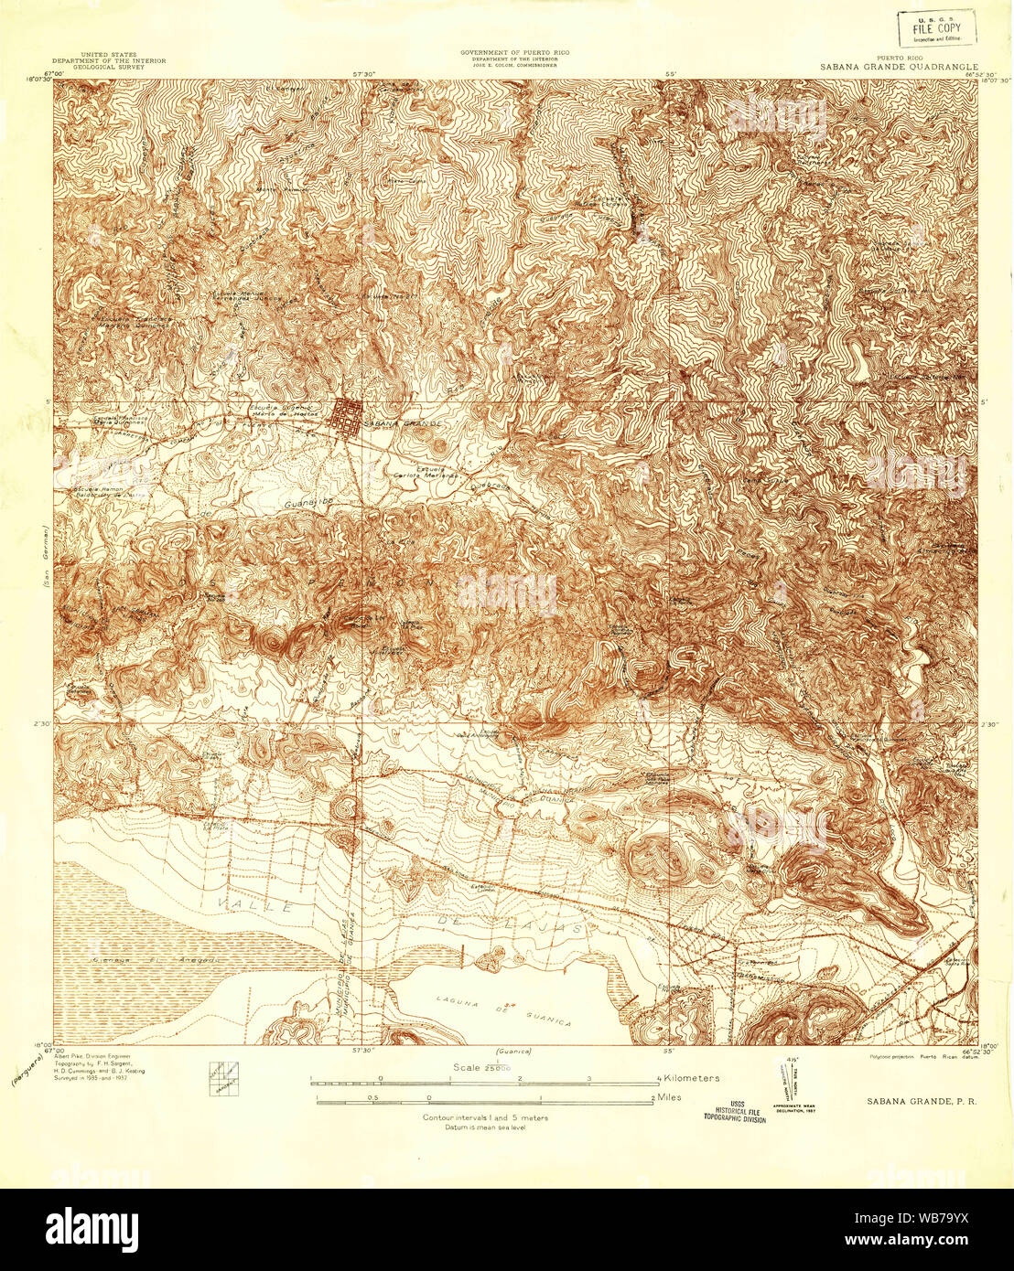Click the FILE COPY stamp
pyautogui.click(x=936, y=29)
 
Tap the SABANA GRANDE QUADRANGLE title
pyautogui.click(x=899, y=68)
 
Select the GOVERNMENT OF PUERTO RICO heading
pyautogui.click(x=514, y=53)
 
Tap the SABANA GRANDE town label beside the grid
pyautogui.click(x=402, y=424)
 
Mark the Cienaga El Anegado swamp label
pyautogui.click(x=155, y=960)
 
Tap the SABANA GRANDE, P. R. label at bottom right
pyautogui.click(x=921, y=1101)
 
